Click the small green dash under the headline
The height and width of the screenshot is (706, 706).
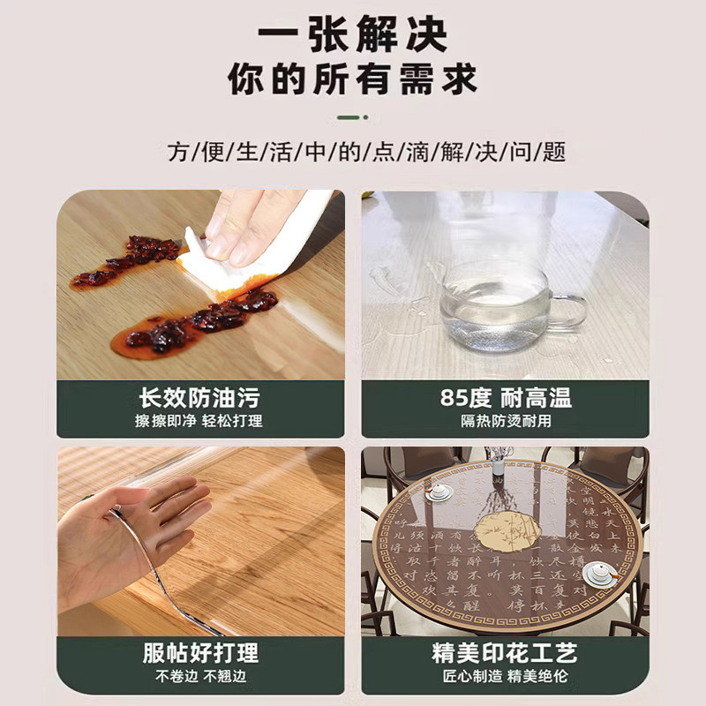point(353,116)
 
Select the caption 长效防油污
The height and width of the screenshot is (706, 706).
point(200,397)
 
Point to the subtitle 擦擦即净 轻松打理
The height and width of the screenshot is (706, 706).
point(200,421)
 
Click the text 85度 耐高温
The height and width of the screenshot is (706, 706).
point(506,397)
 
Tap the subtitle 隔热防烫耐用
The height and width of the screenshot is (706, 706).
point(506,421)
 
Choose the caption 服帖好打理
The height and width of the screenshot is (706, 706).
point(200,653)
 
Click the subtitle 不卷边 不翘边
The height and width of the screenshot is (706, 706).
point(200,677)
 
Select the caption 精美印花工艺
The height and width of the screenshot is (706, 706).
point(506,653)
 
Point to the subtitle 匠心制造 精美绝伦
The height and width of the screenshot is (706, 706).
point(506,677)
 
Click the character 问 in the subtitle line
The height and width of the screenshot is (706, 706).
point(530,152)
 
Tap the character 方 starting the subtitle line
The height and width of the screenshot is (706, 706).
point(176,152)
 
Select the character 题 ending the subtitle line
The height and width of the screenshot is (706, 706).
point(555,152)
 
